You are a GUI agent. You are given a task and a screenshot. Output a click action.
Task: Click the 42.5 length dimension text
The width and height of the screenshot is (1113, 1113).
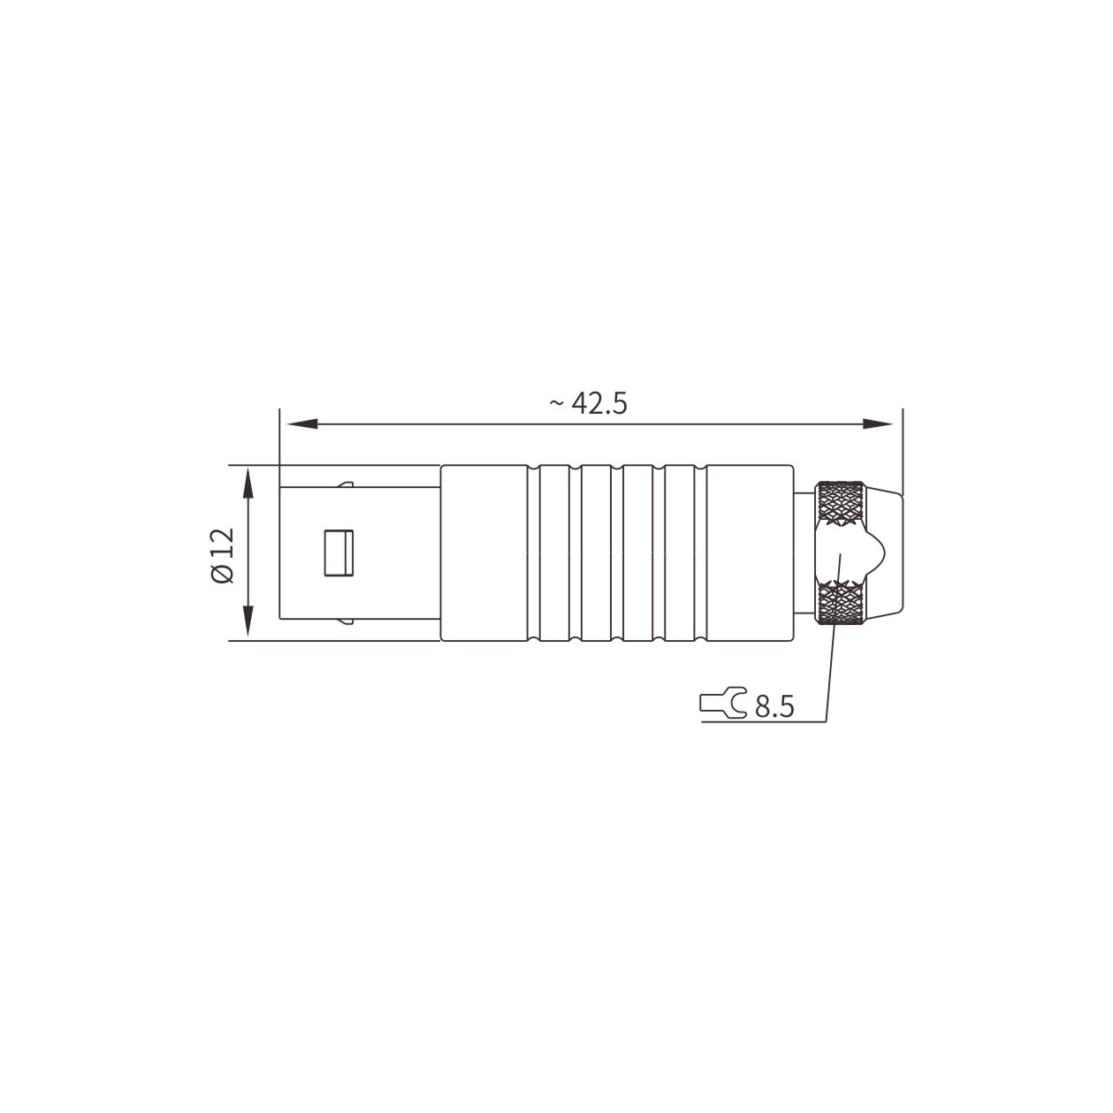(599, 403)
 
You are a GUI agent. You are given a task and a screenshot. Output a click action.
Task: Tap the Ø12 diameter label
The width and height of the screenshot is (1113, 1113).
(223, 555)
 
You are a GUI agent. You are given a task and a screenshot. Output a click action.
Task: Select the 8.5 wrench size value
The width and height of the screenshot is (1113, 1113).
(774, 706)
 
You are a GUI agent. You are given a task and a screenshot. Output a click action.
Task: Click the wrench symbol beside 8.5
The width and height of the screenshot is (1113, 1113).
(723, 702)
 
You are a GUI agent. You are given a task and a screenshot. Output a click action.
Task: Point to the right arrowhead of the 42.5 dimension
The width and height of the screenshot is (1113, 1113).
(878, 424)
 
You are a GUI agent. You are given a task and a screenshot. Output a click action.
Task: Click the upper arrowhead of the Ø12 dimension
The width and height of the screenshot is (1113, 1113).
(248, 484)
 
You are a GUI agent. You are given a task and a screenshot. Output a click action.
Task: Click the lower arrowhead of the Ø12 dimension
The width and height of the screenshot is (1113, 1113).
(248, 621)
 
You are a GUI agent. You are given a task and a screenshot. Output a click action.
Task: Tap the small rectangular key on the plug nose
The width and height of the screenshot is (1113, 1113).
(339, 553)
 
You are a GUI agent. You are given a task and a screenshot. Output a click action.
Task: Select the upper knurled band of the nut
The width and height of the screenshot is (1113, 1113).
(841, 502)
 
